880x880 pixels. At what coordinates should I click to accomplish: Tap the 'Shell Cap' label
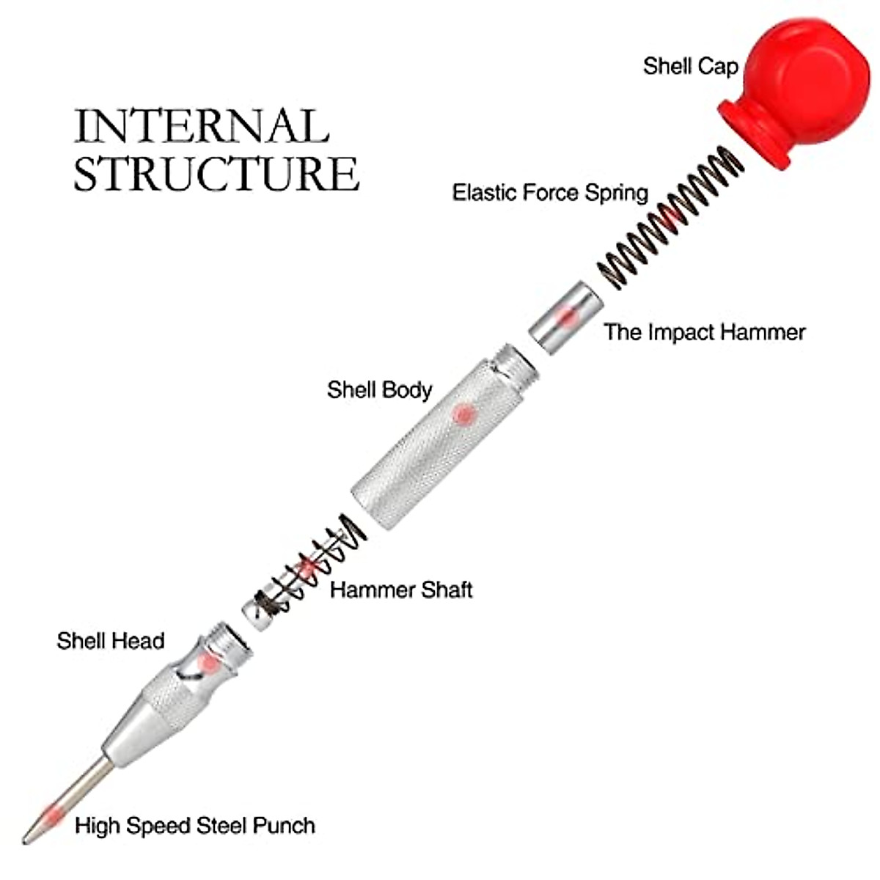click(690, 66)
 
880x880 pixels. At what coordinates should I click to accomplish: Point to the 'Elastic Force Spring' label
click(550, 193)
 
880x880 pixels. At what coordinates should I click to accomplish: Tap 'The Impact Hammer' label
click(705, 332)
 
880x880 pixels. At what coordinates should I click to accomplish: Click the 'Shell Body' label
click(379, 389)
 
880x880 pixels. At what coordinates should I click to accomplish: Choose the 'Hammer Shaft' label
click(401, 590)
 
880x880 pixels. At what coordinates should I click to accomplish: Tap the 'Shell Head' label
click(110, 641)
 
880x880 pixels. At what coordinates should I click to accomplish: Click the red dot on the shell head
click(210, 662)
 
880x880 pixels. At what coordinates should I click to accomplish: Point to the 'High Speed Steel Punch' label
click(195, 826)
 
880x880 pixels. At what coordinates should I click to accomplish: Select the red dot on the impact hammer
click(567, 317)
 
